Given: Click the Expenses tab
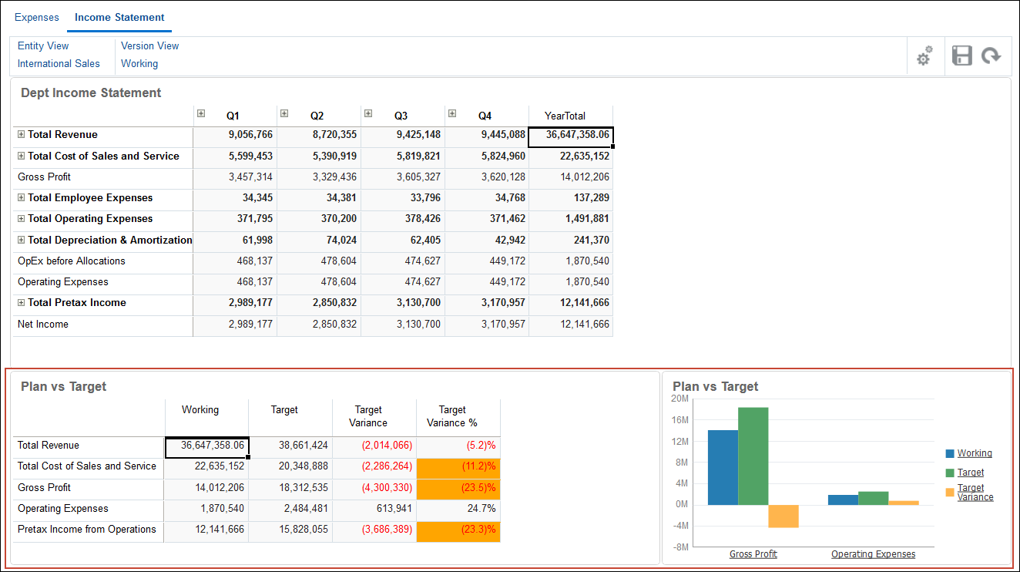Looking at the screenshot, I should pyautogui.click(x=37, y=17).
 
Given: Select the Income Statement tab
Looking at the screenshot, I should pyautogui.click(x=119, y=17).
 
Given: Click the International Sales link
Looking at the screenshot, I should pyautogui.click(x=59, y=64).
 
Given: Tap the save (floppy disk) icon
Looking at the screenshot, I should pyautogui.click(x=962, y=56).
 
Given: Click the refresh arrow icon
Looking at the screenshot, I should pyautogui.click(x=991, y=56).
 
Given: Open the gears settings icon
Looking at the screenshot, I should pyautogui.click(x=924, y=56).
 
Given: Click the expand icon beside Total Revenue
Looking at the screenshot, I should pyautogui.click(x=22, y=135).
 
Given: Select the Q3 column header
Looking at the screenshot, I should pyautogui.click(x=401, y=116).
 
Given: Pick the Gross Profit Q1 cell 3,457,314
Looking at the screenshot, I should pyautogui.click(x=250, y=177).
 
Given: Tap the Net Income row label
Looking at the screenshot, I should pyautogui.click(x=43, y=325).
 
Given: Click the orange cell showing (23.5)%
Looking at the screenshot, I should pyautogui.click(x=458, y=488).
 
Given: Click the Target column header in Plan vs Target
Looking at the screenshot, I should pyautogui.click(x=284, y=410).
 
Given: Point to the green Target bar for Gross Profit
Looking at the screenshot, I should pyautogui.click(x=753, y=455).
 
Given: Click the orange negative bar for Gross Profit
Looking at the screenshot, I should pyautogui.click(x=783, y=516).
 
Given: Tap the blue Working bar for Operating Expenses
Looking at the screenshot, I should pyautogui.click(x=843, y=500).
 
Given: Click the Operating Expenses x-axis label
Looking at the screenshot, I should pyautogui.click(x=873, y=554).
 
